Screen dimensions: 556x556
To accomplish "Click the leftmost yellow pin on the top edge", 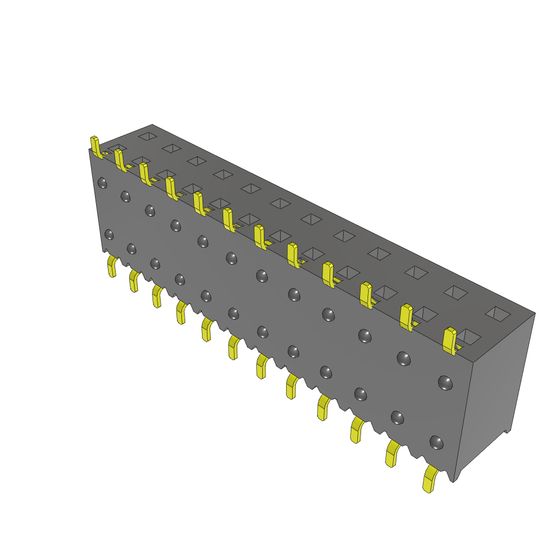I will click(96, 147).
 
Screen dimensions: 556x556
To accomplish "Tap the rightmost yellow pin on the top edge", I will click(450, 340).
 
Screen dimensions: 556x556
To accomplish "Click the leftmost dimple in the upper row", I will click(102, 183).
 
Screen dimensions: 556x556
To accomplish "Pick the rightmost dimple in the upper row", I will click(445, 383).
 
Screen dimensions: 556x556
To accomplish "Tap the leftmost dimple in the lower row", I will click(109, 235).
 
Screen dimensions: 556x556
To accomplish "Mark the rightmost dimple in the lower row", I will click(436, 442).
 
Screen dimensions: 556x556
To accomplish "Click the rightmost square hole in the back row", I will click(497, 313).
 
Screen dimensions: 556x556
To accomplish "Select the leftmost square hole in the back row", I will click(147, 136).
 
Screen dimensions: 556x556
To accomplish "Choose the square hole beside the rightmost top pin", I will click(469, 337).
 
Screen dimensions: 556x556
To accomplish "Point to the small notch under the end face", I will click(508, 431).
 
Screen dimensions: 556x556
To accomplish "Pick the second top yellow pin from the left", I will click(119, 160).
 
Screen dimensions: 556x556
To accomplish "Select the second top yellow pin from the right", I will click(406, 317).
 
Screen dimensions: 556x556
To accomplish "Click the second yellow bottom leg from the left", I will click(134, 281).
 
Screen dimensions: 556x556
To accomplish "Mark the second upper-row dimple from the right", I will click(403, 358).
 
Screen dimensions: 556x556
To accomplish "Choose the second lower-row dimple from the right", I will click(397, 418).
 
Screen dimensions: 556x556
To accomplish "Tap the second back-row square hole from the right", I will click(456, 292).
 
